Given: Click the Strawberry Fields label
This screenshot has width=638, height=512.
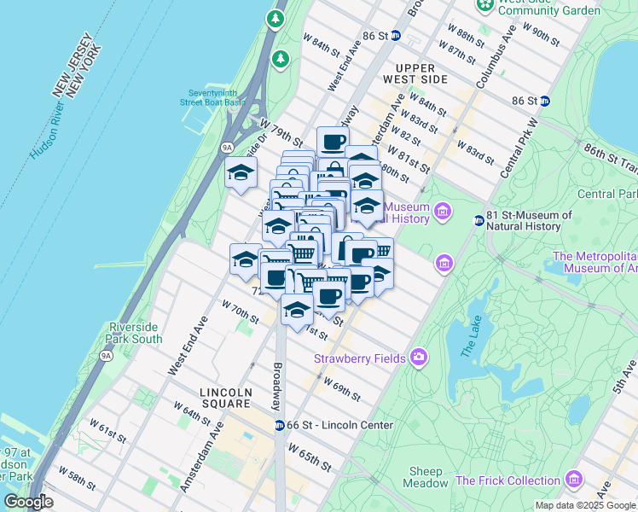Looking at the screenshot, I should click(357, 358).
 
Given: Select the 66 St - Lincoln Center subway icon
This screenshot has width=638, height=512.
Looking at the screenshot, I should click(279, 425).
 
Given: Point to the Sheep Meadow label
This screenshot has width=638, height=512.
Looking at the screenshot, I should click(426, 477).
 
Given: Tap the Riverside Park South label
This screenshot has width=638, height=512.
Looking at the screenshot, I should click(135, 333).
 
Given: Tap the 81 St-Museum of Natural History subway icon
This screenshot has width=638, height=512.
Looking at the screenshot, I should click(479, 221).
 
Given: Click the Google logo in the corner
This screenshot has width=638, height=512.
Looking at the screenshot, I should click(29, 502).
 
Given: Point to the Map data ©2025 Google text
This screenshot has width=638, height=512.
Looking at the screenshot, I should click(584, 505).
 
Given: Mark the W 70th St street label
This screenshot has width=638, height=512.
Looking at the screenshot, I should click(239, 311).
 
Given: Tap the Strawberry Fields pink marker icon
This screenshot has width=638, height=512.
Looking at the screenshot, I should click(418, 358).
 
